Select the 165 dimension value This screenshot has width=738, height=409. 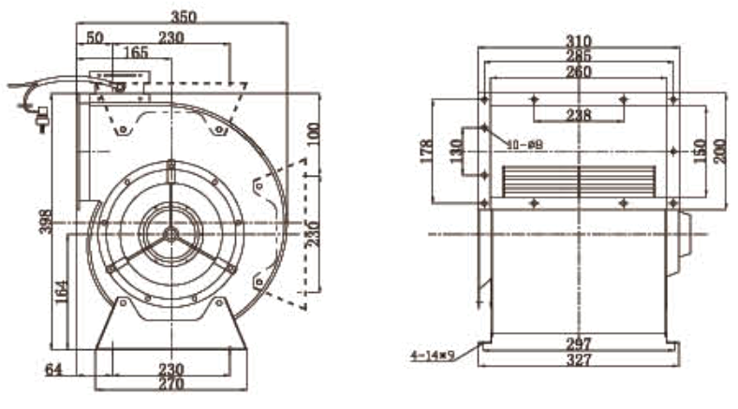click(x=137, y=53)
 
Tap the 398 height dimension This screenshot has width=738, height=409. click(x=45, y=221)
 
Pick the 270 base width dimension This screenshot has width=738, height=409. click(x=170, y=384)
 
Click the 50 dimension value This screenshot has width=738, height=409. click(x=95, y=37)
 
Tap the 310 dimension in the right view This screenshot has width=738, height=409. click(x=579, y=40)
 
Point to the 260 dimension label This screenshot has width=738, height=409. click(x=579, y=72)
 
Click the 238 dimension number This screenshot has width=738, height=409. click(x=579, y=115)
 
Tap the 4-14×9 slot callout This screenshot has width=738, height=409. click(x=432, y=356)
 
